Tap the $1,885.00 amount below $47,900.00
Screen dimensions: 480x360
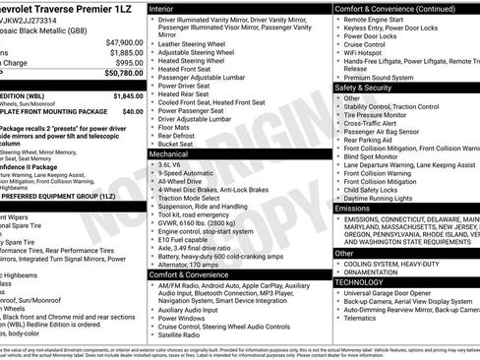(x=125, y=52)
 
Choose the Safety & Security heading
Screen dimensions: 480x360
(x=366, y=87)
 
